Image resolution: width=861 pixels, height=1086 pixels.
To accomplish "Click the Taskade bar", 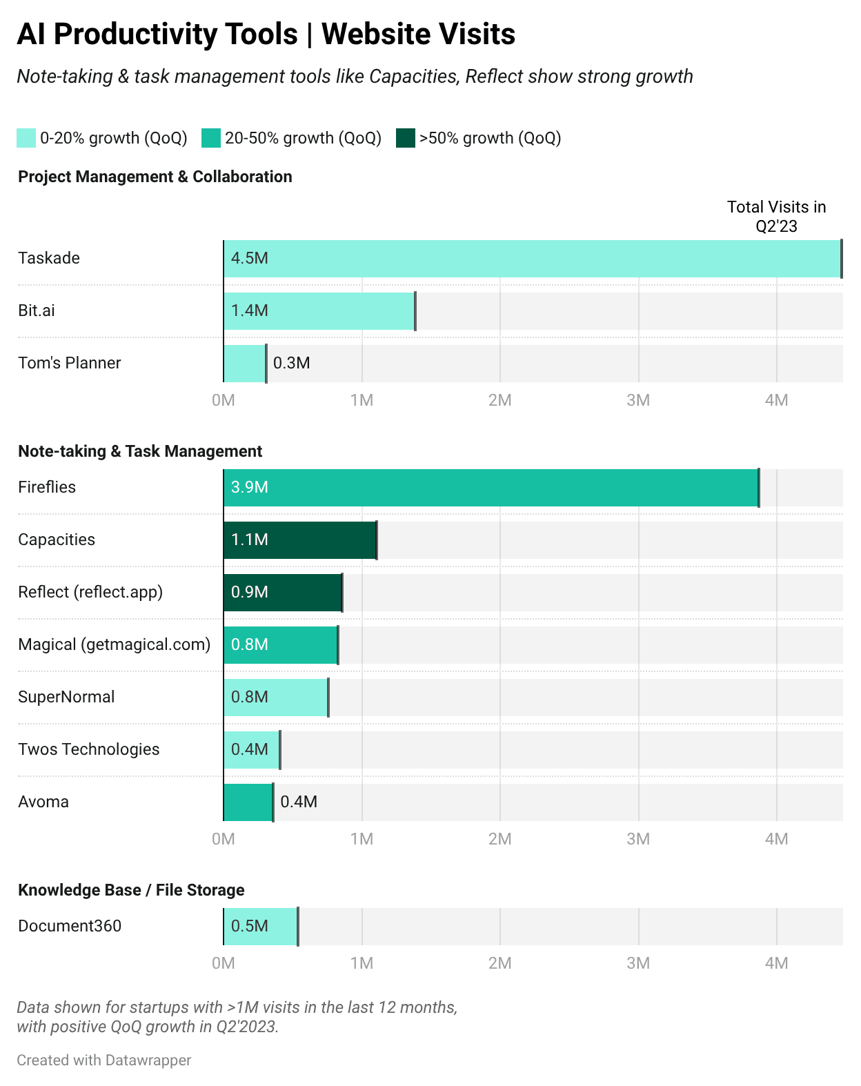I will click(531, 259).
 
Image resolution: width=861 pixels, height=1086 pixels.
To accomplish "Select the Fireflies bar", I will click(491, 488).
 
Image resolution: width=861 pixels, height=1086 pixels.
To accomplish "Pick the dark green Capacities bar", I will click(299, 540).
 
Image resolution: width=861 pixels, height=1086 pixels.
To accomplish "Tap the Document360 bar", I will click(260, 927).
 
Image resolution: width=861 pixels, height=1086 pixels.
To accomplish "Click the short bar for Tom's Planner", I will click(244, 364).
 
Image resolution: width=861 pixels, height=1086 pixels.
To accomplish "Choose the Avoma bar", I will click(248, 802).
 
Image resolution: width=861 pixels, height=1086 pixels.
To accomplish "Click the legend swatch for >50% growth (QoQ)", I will click(406, 138).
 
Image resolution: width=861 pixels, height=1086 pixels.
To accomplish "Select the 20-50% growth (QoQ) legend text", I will click(303, 138).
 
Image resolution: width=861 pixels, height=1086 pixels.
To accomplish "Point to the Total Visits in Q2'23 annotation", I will click(776, 217).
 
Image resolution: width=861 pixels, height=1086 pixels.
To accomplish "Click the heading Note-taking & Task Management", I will click(140, 451).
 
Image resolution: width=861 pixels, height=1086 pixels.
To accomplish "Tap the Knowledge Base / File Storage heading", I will click(131, 890).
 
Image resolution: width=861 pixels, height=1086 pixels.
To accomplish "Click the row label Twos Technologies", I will click(88, 749).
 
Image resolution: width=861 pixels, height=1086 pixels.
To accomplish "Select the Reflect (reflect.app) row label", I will click(90, 592).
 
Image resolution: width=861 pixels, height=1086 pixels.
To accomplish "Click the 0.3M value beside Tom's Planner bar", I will click(291, 364).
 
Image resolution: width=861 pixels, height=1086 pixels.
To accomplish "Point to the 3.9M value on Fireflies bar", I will click(249, 488).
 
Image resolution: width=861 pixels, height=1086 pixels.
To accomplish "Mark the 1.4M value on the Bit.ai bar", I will click(249, 311).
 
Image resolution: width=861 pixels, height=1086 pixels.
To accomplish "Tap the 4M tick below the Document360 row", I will click(776, 963).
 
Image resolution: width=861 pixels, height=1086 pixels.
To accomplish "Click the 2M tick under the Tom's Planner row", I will click(499, 400).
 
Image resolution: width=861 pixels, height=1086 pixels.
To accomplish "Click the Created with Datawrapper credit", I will click(104, 1060).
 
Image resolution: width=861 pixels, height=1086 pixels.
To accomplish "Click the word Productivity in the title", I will click(176, 34).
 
